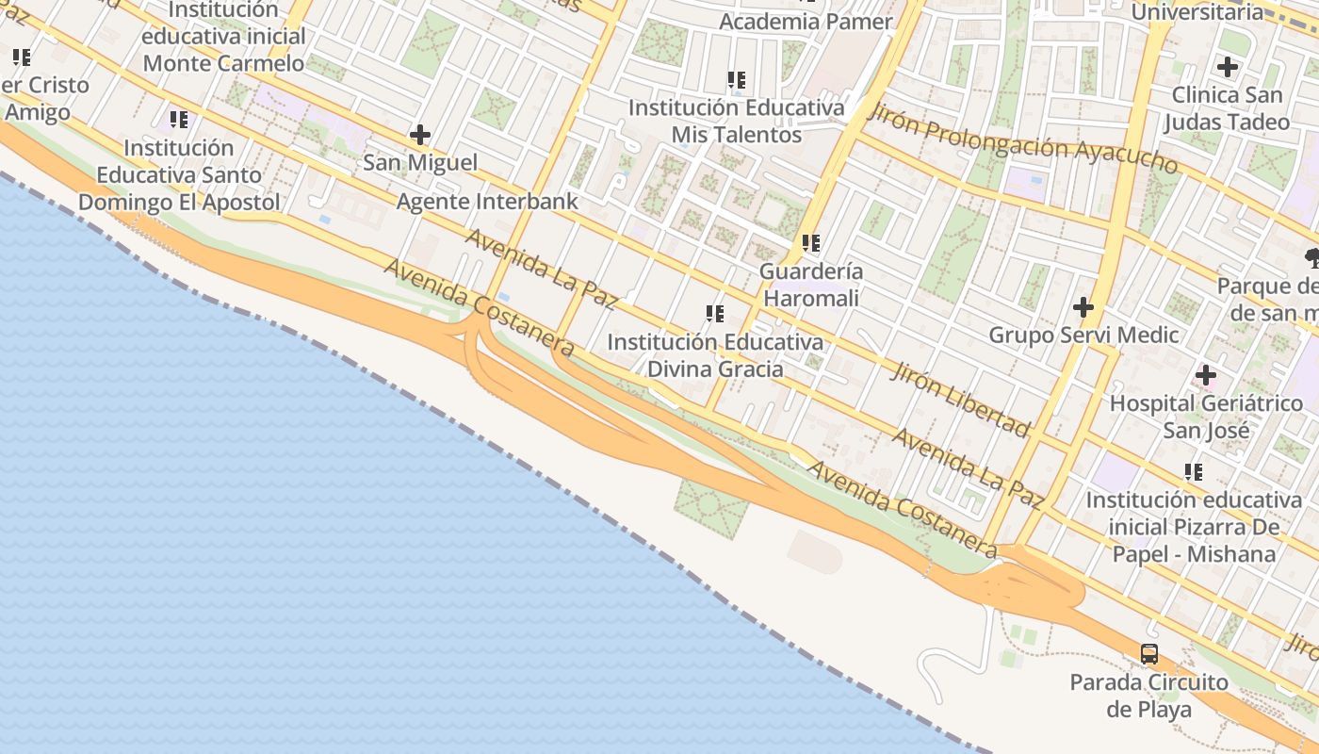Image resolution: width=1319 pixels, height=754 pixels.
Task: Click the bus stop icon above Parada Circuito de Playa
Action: [x=1149, y=654]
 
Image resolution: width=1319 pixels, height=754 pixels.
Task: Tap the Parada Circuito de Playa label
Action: [x=1149, y=696]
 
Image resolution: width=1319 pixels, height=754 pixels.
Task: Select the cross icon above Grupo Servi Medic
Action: [x=1083, y=307]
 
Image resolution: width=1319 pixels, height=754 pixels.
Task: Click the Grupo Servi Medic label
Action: [x=1083, y=335]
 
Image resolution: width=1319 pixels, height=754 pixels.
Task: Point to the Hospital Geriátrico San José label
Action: [x=1206, y=417]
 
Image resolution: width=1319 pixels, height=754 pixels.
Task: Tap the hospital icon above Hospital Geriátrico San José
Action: [x=1206, y=376]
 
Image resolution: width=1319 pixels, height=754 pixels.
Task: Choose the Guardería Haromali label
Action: [x=810, y=285]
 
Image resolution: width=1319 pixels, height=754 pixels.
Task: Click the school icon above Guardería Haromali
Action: [x=810, y=243]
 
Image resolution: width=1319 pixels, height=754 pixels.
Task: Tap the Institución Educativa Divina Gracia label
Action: [x=714, y=355]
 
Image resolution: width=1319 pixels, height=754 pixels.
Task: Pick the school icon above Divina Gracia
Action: [x=714, y=314]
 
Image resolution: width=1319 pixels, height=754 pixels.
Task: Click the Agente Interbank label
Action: [x=487, y=202]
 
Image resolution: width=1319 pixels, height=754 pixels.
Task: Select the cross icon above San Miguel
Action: [x=420, y=135]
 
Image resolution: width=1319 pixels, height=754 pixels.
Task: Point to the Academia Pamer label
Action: [x=806, y=22]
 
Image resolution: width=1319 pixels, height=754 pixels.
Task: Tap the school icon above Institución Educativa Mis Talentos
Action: [x=736, y=80]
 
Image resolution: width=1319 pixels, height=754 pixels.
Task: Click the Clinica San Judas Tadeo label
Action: [x=1227, y=108]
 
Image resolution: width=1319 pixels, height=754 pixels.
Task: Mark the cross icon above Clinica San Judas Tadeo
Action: [x=1227, y=68]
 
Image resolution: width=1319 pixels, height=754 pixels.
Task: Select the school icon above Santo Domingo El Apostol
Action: [x=178, y=120]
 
